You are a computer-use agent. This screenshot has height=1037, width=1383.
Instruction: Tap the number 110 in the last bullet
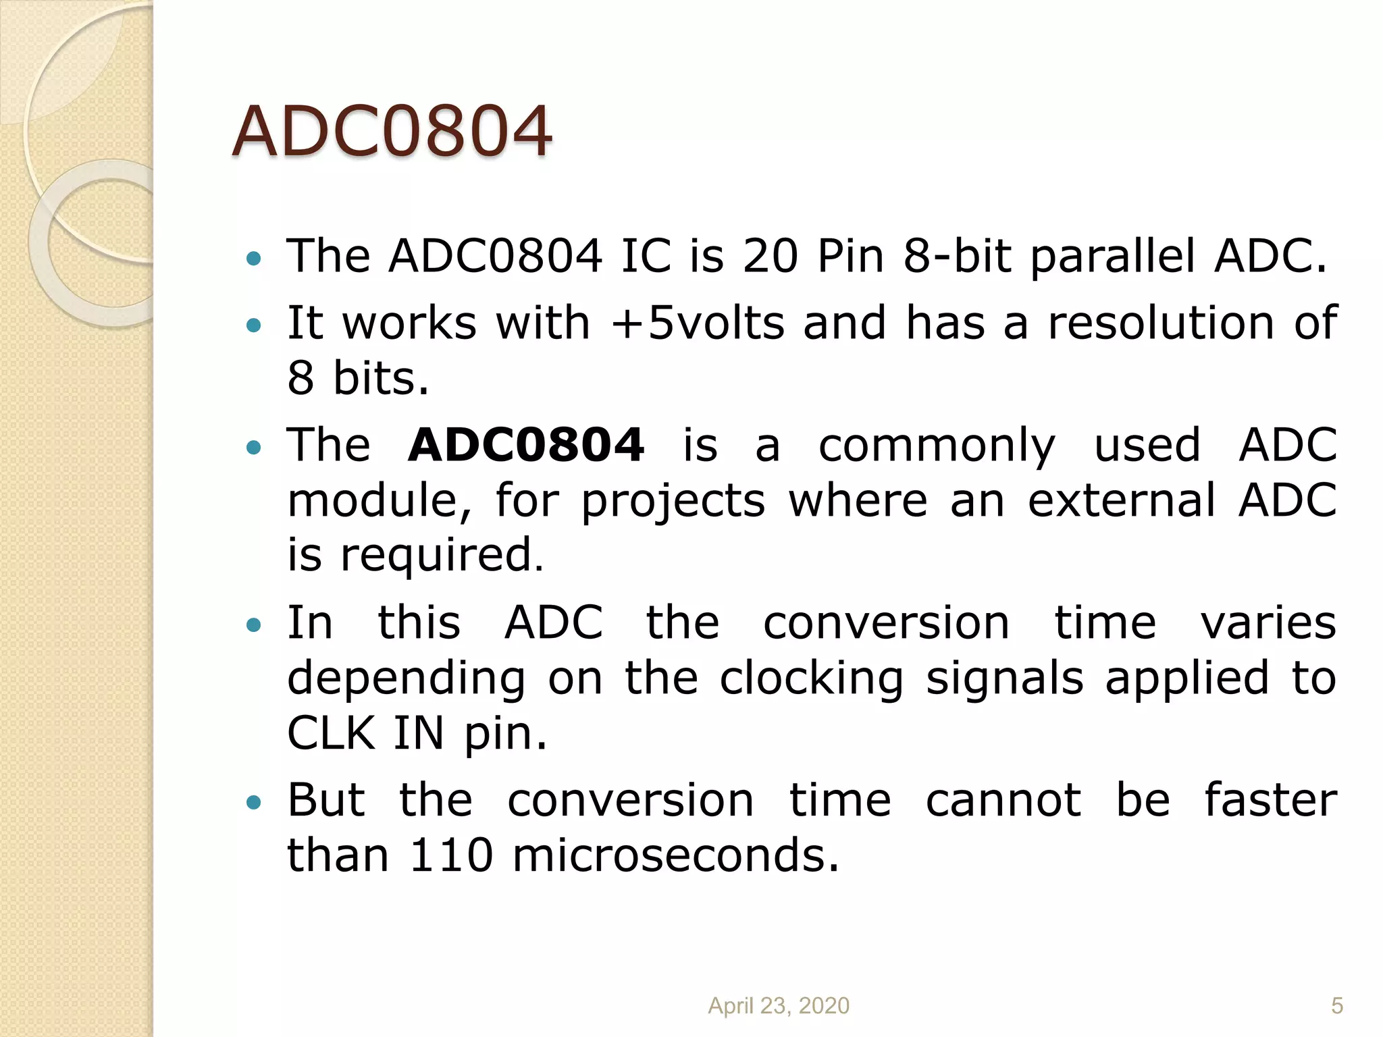[x=451, y=855]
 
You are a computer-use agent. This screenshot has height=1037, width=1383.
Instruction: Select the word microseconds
[x=675, y=855]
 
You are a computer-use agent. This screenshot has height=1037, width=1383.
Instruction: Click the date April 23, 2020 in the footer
[x=778, y=1005]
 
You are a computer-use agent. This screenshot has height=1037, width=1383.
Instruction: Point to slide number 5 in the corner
[x=1336, y=1005]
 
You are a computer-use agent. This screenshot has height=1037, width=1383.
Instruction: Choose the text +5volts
[x=697, y=323]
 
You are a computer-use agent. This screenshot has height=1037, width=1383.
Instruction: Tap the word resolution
[x=1159, y=323]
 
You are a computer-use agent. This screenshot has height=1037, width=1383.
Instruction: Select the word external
[x=1122, y=500]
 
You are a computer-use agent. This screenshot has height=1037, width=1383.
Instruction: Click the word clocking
[x=811, y=678]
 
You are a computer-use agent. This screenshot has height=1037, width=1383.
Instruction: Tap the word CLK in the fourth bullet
[x=331, y=733]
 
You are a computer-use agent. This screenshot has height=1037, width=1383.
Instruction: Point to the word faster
[x=1270, y=800]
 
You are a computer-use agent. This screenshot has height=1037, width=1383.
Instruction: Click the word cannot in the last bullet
[x=1003, y=800]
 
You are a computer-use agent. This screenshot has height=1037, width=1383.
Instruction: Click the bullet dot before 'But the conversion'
[x=254, y=802]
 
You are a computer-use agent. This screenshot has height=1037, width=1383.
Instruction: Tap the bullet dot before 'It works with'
[x=254, y=325]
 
